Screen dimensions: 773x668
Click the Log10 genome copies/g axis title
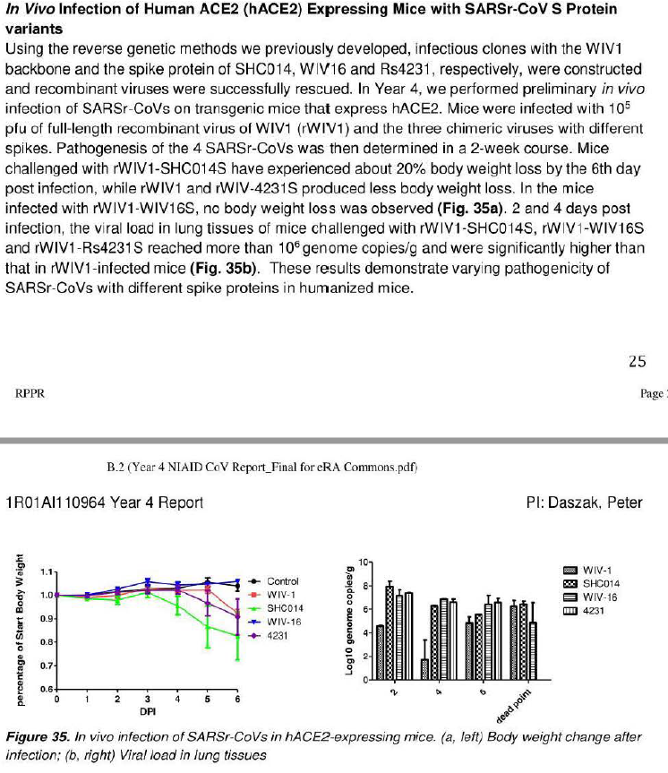coord(350,621)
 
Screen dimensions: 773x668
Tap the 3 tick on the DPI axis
coord(147,699)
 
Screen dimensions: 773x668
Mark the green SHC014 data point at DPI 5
coord(207,627)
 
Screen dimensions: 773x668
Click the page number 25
coord(637,362)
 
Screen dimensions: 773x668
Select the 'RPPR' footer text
coord(30,393)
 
